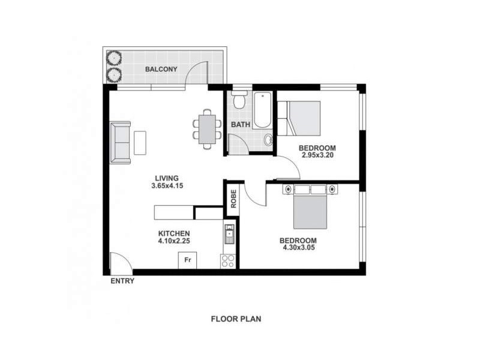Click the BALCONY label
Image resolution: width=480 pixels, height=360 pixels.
161,69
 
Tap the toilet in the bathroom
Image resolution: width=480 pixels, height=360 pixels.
239,100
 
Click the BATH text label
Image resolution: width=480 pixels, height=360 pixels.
240,125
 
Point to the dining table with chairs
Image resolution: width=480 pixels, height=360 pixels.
206,128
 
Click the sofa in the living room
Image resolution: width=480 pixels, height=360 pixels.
121,142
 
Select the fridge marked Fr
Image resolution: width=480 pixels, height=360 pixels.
187,260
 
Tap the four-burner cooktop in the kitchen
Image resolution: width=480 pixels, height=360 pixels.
228,260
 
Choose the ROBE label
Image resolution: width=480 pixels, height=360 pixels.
233,199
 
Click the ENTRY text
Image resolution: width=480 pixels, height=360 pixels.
122,281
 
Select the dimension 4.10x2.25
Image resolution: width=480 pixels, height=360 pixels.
174,242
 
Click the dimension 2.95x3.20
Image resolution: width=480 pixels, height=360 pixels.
317,155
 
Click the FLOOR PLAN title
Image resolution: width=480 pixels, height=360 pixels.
236,319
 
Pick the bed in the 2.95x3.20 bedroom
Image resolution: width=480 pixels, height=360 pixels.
304,118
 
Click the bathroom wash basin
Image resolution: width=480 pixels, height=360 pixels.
268,140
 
